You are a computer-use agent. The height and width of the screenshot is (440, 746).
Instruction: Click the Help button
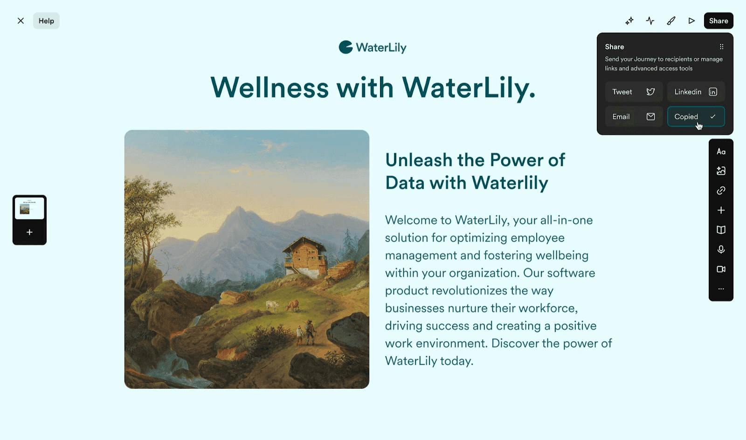46,21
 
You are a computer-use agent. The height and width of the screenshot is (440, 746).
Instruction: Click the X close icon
21,21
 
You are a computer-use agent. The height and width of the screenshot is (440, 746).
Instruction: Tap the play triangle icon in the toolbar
691,21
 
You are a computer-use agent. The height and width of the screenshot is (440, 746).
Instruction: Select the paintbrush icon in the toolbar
671,21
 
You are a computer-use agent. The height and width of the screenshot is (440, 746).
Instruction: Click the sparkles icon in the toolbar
629,21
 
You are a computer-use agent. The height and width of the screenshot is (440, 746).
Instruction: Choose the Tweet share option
634,91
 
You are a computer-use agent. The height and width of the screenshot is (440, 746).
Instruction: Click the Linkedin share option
696,91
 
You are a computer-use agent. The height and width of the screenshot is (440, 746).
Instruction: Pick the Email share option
634,117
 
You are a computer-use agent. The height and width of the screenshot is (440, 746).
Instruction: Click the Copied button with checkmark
696,117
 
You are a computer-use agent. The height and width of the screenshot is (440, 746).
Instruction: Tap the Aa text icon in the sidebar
721,152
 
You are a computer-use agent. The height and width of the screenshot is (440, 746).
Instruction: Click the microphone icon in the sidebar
721,249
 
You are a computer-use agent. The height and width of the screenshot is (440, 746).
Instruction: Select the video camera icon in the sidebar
721,269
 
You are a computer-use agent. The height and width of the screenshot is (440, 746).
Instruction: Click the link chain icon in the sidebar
721,190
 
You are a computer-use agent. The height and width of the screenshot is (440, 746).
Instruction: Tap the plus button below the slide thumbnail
29,232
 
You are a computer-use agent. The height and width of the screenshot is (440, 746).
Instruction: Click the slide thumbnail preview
29,208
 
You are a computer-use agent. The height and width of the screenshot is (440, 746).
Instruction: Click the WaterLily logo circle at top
345,47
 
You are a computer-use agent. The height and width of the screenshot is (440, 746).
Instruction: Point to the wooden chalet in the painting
304,257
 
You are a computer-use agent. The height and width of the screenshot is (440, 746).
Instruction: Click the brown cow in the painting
293,305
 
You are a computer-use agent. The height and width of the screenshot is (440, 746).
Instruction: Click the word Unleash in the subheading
419,160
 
